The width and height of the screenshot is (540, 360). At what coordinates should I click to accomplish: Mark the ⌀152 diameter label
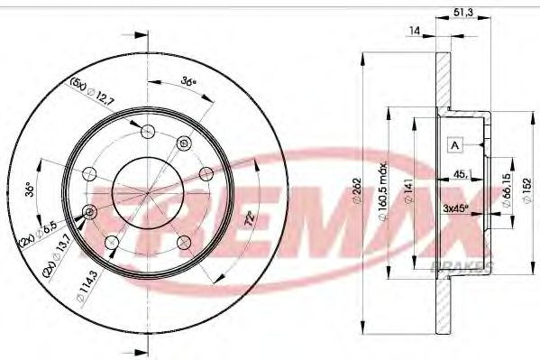pos(527,189)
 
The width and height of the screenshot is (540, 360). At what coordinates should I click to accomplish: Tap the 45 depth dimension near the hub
pos(461,174)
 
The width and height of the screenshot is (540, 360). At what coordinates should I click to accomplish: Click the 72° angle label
pos(250,218)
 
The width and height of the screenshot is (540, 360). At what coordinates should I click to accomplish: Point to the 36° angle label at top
pos(188,81)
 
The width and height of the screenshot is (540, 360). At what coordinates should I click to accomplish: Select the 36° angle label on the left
pos(29,190)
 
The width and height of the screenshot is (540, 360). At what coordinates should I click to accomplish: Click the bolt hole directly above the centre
pos(185,142)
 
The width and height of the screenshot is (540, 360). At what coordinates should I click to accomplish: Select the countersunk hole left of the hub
pos(89,211)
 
